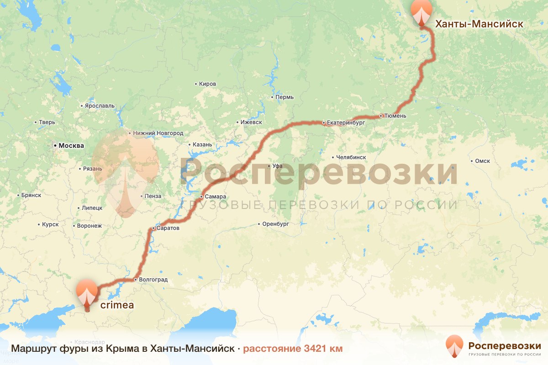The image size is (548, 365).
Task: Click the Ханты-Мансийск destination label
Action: click(x=479, y=24)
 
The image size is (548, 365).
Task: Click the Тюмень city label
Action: click(x=395, y=116)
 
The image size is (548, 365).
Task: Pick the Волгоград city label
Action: click(x=153, y=279)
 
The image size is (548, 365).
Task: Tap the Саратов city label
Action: click(x=168, y=228)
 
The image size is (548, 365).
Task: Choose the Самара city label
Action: click(x=216, y=197)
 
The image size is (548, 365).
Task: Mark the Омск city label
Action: click(x=482, y=161)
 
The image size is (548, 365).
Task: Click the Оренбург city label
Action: click(x=276, y=224)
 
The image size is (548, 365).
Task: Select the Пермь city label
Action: click(x=285, y=97)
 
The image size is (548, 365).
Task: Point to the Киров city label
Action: click(x=208, y=84)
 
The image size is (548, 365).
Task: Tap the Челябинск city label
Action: click(x=351, y=157)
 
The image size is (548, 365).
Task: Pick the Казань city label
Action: click(x=202, y=145)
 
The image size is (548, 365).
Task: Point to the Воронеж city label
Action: click(x=90, y=225)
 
